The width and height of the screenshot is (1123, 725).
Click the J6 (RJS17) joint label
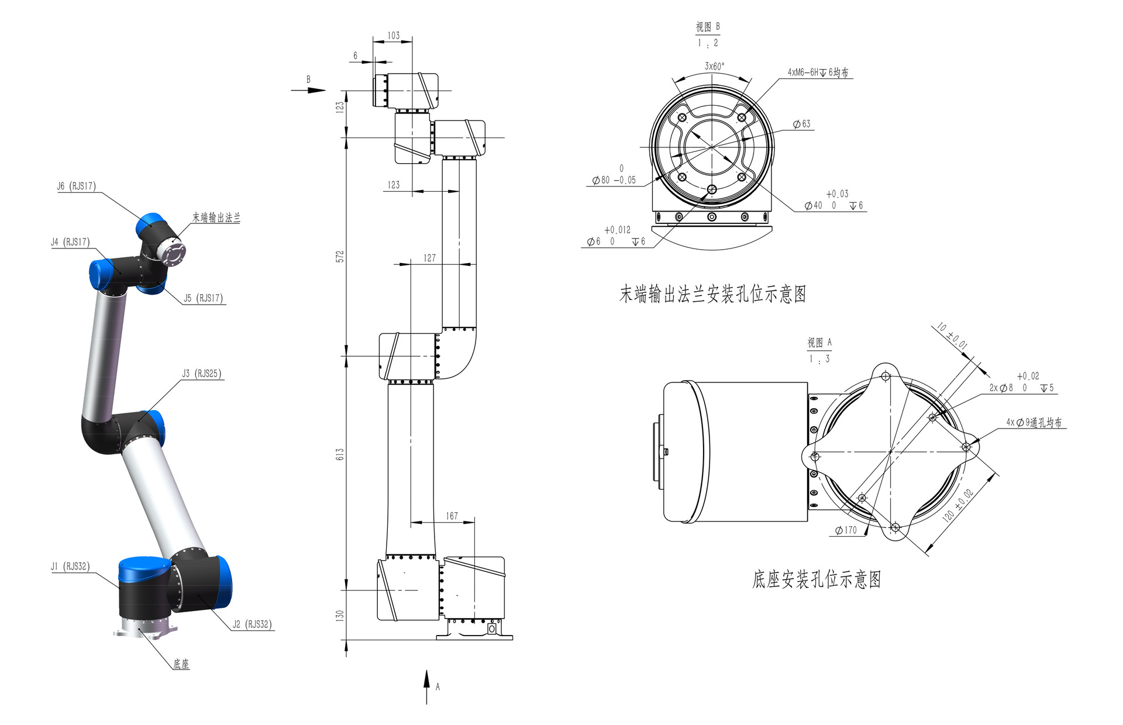pyautogui.click(x=76, y=186)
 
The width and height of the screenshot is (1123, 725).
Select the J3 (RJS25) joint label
pyautogui.click(x=202, y=373)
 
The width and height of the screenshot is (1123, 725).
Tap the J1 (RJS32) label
pyautogui.click(x=70, y=566)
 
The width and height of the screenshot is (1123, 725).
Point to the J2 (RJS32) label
pyautogui.click(x=252, y=624)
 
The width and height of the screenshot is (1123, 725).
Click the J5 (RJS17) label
pyautogui.click(x=203, y=298)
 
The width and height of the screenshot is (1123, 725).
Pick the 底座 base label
pyautogui.click(x=181, y=664)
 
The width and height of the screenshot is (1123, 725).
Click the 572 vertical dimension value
pyautogui.click(x=340, y=256)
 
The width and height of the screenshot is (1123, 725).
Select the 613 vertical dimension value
pyautogui.click(x=340, y=454)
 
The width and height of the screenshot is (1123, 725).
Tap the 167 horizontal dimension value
pyautogui.click(x=452, y=516)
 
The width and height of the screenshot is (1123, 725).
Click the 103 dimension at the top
pyautogui.click(x=394, y=36)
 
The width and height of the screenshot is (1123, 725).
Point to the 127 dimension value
pyautogui.click(x=429, y=258)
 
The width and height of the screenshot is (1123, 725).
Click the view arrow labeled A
pyautogui.click(x=427, y=687)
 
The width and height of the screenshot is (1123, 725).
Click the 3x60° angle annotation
pyautogui.click(x=714, y=66)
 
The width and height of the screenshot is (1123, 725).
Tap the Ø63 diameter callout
pyautogui.click(x=802, y=124)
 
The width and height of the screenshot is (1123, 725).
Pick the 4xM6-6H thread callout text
pyautogui.click(x=818, y=72)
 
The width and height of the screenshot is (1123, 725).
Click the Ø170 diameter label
pyautogui.click(x=846, y=530)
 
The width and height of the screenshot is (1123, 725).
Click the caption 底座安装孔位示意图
pyautogui.click(x=817, y=579)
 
